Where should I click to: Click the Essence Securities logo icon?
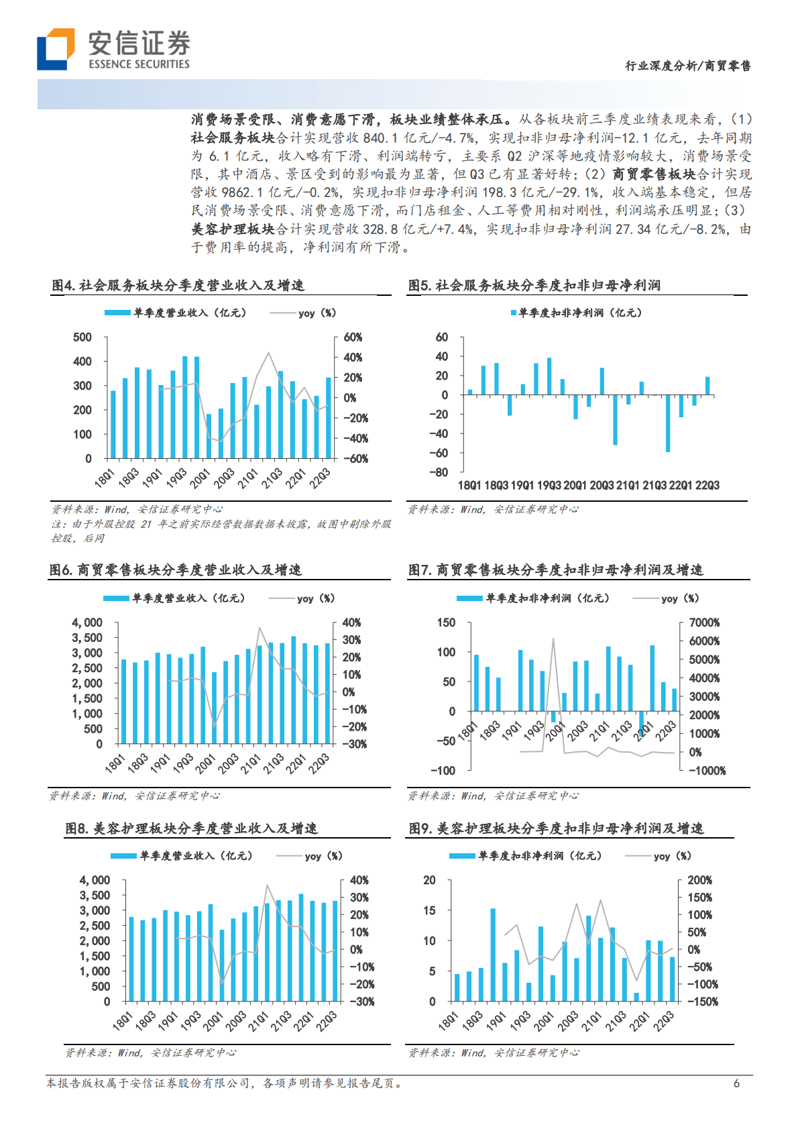(x=56, y=49)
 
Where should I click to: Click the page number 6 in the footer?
(x=736, y=1083)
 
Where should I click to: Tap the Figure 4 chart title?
(x=178, y=285)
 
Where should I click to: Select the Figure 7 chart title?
(x=556, y=570)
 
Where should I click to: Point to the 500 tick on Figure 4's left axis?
(x=82, y=337)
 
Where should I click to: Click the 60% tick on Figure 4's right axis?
(x=353, y=337)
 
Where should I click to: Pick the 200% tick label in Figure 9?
(x=699, y=880)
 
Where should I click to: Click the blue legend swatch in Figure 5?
(x=514, y=313)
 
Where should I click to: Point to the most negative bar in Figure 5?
(x=668, y=423)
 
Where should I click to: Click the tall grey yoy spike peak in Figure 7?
(x=553, y=639)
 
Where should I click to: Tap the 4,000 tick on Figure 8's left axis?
(x=95, y=880)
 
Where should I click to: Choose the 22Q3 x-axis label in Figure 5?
(x=707, y=485)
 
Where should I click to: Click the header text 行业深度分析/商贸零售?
(x=687, y=66)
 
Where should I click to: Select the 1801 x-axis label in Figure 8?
(x=122, y=1022)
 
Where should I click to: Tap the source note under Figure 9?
(x=494, y=1053)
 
